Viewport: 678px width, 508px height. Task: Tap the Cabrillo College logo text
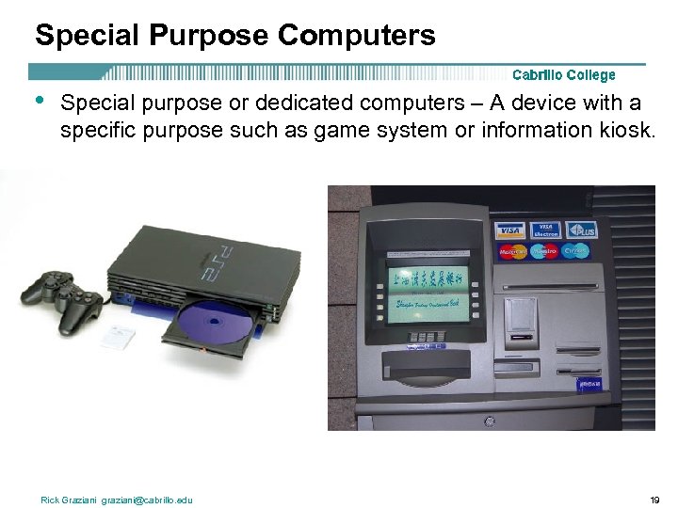tap(563, 75)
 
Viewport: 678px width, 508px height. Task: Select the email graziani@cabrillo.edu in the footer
tap(147, 500)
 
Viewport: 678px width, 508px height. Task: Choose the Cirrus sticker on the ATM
tap(575, 251)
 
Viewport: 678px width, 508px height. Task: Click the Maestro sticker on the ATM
tap(543, 251)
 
